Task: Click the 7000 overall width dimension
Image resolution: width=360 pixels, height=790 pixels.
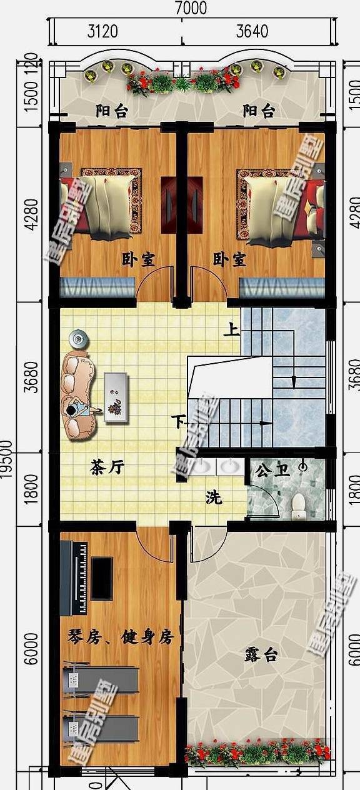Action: click(191, 8)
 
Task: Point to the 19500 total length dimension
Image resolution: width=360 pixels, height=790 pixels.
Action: click(7, 459)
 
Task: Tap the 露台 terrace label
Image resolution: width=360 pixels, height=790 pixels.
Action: click(261, 655)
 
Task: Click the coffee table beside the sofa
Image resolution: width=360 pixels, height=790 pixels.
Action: click(116, 397)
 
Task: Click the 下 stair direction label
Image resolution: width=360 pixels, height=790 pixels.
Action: click(179, 422)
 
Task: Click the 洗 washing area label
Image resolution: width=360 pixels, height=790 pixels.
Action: click(214, 498)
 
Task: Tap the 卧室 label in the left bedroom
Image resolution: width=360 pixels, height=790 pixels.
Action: click(139, 259)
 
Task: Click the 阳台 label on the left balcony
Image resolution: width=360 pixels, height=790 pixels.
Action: click(112, 111)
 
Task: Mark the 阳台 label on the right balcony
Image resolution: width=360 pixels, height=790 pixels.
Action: click(259, 111)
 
